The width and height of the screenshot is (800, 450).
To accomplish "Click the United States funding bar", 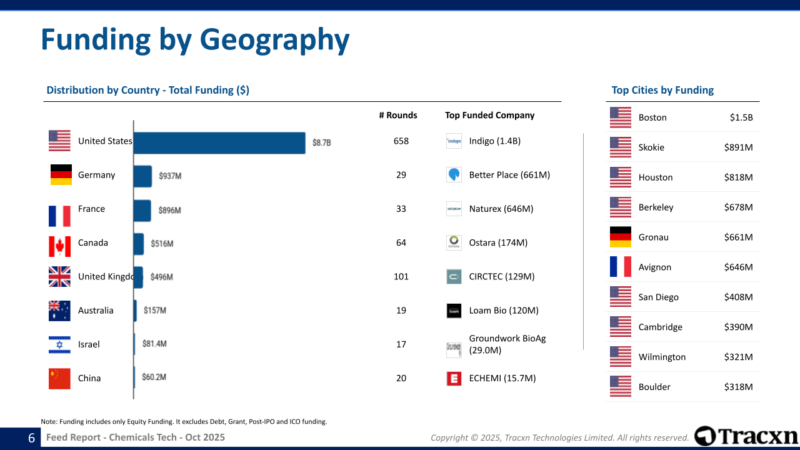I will (x=219, y=142).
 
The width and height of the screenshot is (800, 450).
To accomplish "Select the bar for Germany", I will (x=142, y=176).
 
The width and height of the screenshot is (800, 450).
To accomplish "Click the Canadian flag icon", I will (x=60, y=246).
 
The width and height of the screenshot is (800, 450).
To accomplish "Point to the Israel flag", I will (x=60, y=344).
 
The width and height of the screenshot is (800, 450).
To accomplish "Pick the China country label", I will (x=89, y=378).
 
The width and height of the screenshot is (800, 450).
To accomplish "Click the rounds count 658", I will (x=401, y=141).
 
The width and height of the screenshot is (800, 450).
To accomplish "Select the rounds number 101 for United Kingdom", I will (x=401, y=276).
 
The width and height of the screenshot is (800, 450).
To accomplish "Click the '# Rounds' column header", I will (x=398, y=115).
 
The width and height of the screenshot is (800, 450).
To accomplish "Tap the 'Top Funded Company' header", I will (x=490, y=115).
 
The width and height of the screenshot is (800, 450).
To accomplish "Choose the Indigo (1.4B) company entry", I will (x=495, y=141).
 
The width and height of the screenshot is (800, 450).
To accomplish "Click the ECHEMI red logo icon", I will (x=454, y=378).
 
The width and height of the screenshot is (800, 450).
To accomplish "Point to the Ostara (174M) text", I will (x=498, y=242).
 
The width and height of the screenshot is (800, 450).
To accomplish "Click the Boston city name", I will (x=652, y=117).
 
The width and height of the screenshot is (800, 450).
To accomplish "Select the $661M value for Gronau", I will (x=739, y=237).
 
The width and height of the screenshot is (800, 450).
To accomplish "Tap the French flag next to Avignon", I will (x=621, y=267).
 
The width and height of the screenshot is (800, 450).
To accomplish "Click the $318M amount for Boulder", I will (x=739, y=387).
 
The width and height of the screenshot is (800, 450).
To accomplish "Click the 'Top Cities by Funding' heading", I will (x=662, y=90).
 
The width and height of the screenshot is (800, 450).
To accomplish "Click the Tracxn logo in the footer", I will (x=746, y=436).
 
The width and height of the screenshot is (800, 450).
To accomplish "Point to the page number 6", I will (x=31, y=438).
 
